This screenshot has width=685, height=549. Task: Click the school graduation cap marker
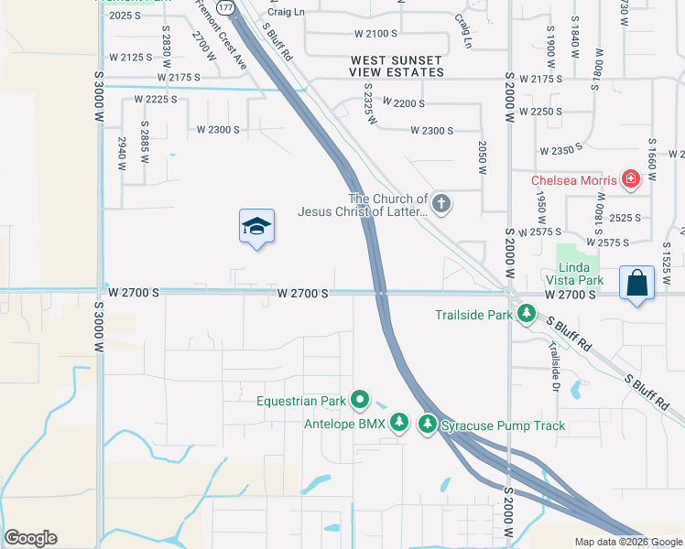[257, 227]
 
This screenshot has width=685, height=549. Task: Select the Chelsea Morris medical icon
[630, 179]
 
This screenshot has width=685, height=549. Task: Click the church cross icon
[441, 204]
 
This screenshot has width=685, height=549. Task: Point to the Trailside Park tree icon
[527, 315]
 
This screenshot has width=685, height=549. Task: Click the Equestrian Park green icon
[360, 401]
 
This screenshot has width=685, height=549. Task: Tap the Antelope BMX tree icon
[398, 423]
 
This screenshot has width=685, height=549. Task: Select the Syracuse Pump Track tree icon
[428, 425]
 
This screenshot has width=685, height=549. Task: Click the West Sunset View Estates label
[397, 65]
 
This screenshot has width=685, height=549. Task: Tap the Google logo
[30, 538]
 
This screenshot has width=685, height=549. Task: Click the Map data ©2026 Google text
[627, 542]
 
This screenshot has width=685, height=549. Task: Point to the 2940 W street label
[121, 154]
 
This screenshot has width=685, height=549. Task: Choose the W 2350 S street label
[561, 151]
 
